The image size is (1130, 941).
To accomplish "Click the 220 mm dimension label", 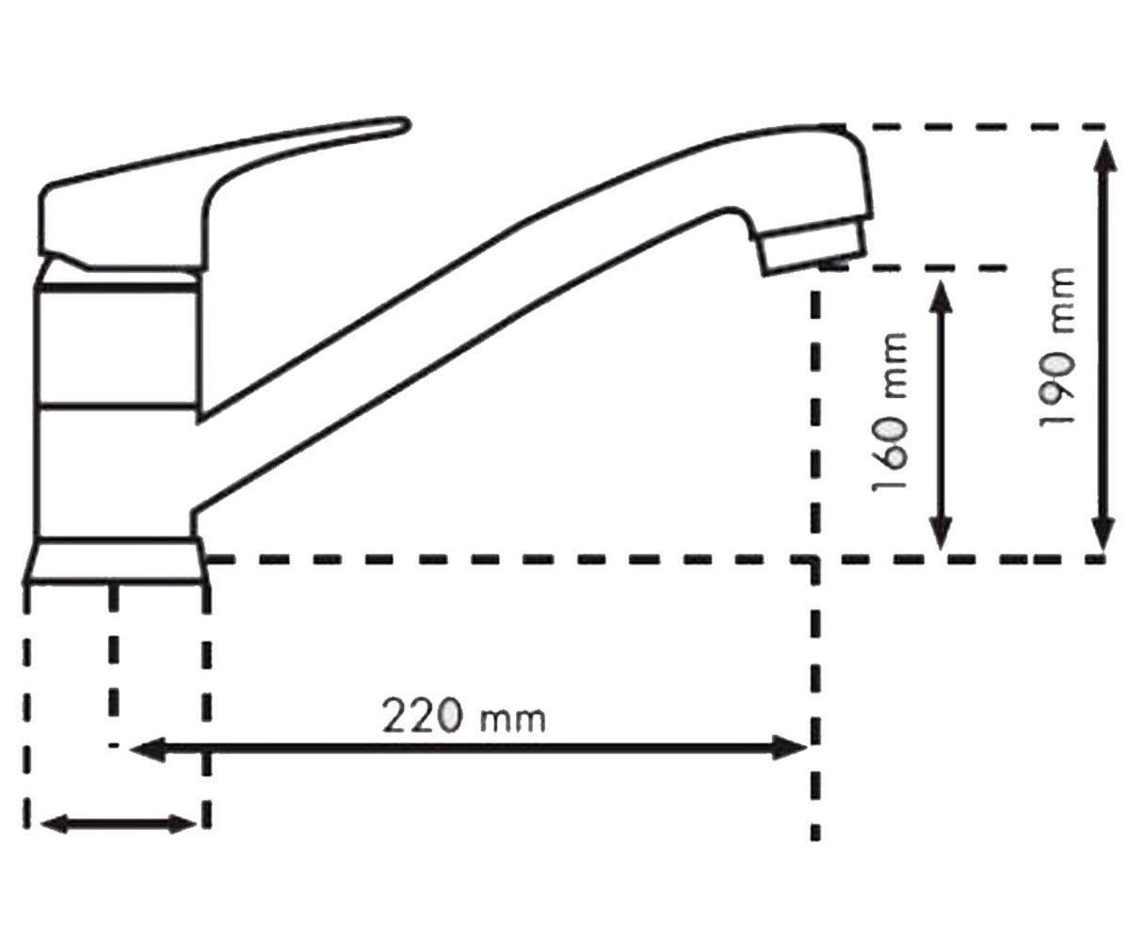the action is (464, 716).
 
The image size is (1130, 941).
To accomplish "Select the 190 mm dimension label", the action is (1056, 347).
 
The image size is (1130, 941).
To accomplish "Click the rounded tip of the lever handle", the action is (403, 125).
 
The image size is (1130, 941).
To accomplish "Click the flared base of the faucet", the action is (115, 562).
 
